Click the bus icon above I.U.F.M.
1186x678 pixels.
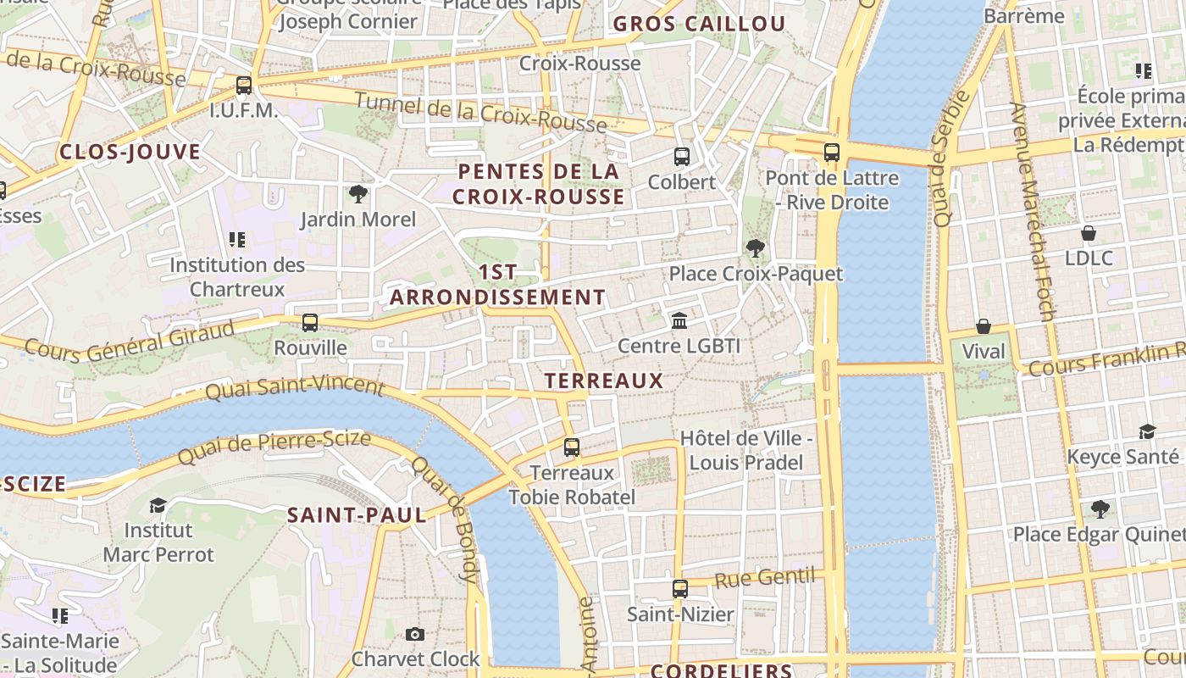pos(244,86)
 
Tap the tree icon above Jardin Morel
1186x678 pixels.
pos(358,194)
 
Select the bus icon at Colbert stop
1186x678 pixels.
pos(681,157)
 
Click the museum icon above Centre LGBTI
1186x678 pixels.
pos(679,320)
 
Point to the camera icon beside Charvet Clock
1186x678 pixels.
pos(414,634)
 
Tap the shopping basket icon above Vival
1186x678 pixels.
pos(984,326)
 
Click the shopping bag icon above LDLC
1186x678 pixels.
pos(1089,233)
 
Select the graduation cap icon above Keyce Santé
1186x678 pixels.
pos(1147,432)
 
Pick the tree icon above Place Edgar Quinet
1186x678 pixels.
pos(1100,509)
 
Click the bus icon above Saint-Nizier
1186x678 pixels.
pos(679,589)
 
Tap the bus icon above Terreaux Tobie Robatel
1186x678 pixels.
pos(572,447)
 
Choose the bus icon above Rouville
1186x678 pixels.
pos(310,323)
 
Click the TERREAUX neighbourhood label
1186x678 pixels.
pos(604,381)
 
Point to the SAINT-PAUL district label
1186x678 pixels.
pos(356,515)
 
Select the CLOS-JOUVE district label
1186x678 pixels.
pos(130,153)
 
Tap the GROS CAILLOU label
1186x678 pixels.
pos(699,24)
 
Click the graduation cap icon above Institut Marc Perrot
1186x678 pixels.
pos(158,506)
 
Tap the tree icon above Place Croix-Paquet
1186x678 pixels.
pos(755,248)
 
